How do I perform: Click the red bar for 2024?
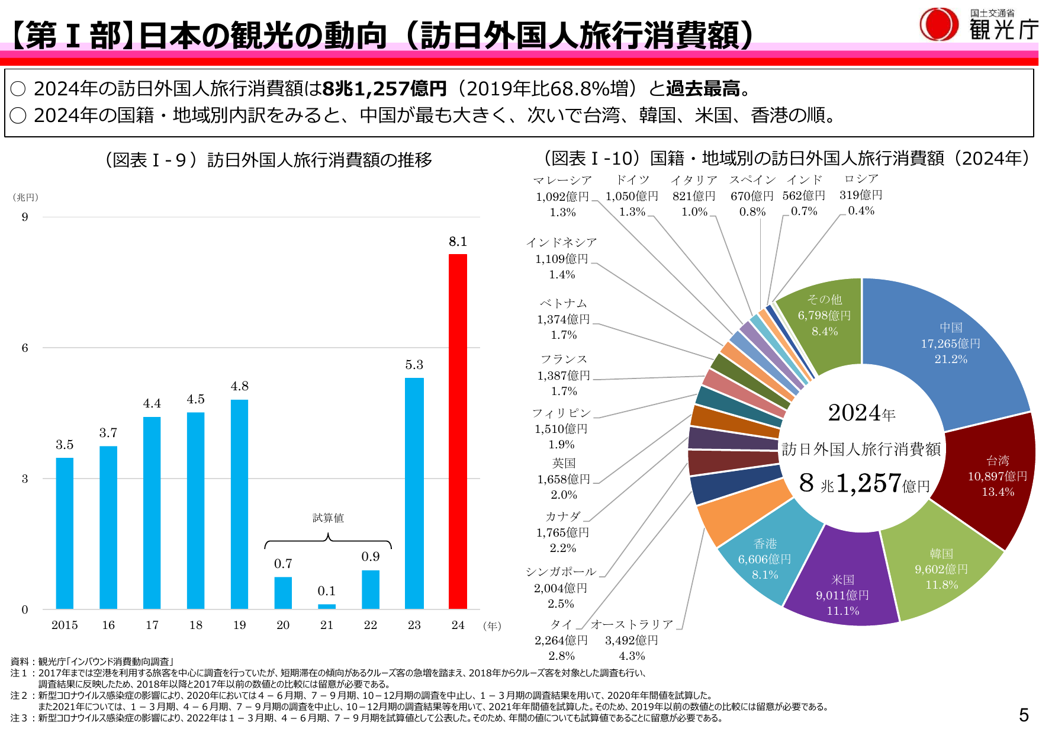pyautogui.click(x=458, y=431)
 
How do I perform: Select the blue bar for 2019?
pyautogui.click(x=239, y=504)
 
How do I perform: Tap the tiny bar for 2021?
pyautogui.click(x=327, y=606)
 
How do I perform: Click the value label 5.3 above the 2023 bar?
pyautogui.click(x=414, y=365)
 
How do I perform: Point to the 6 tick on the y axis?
pyautogui.click(x=25, y=348)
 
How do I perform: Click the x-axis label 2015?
pyautogui.click(x=65, y=625)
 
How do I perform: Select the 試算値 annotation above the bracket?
pyautogui.click(x=328, y=518)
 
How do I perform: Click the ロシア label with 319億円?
pyautogui.click(x=861, y=194)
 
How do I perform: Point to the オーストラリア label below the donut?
pyautogui.click(x=632, y=624)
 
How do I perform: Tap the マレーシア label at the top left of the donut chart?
pyautogui.click(x=562, y=180)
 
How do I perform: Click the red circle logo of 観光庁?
pyautogui.click(x=938, y=24)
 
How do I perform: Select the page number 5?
pyautogui.click(x=1024, y=715)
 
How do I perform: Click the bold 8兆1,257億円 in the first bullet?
pyautogui.click(x=384, y=88)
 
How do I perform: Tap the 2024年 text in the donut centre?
pyautogui.click(x=861, y=413)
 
